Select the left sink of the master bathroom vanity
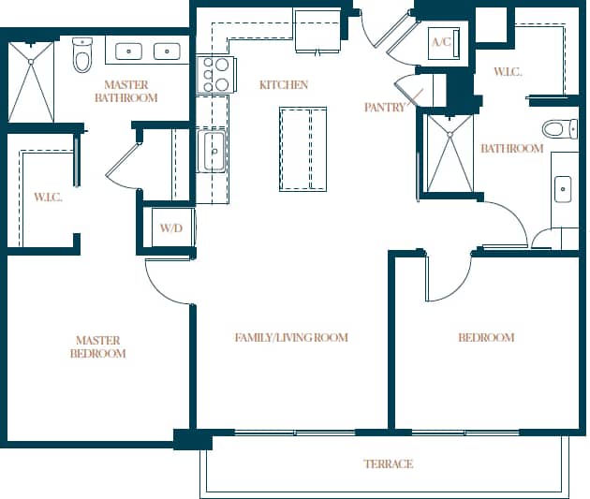click(x=130, y=51)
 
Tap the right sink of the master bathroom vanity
click(x=169, y=51)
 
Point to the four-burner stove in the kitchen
click(x=214, y=75)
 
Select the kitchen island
click(x=302, y=148)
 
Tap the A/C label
click(x=441, y=42)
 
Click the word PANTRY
click(x=384, y=108)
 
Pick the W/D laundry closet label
click(x=170, y=227)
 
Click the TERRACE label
click(x=388, y=463)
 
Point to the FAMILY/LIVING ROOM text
click(x=291, y=337)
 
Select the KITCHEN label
click(x=283, y=85)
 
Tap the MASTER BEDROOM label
click(x=98, y=346)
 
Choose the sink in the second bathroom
click(x=563, y=189)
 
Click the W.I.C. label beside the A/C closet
click(x=508, y=72)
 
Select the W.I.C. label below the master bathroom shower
click(x=48, y=197)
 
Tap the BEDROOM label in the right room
click(x=485, y=337)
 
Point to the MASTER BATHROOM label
click(x=126, y=91)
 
